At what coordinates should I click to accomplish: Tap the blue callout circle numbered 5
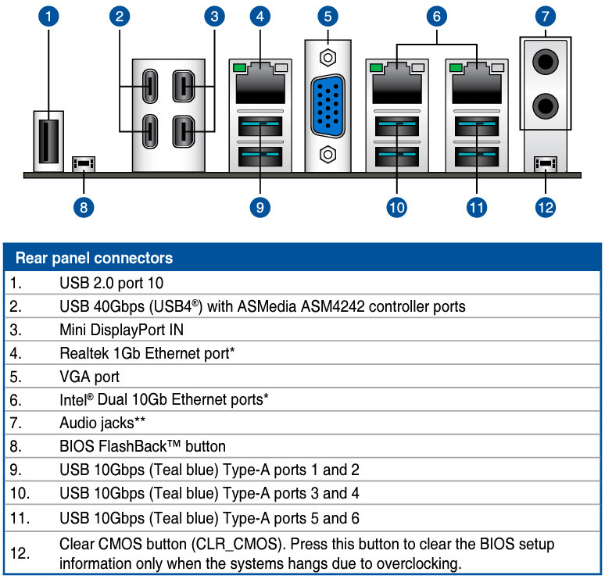328,16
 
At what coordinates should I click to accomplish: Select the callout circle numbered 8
84,207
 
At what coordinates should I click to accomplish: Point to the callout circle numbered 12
545,207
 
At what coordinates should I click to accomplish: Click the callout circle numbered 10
397,207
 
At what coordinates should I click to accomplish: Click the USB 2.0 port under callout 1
48,141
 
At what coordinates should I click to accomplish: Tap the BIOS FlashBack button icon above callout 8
83,165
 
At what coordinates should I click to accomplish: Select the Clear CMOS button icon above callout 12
545,165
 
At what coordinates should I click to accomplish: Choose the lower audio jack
546,105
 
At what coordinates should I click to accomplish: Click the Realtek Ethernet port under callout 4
260,82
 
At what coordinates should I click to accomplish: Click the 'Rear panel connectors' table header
95,258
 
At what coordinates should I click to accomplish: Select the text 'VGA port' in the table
89,377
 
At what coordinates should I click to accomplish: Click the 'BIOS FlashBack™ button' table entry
142,447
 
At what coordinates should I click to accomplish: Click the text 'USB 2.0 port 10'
111,283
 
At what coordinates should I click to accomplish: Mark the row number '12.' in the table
21,554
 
